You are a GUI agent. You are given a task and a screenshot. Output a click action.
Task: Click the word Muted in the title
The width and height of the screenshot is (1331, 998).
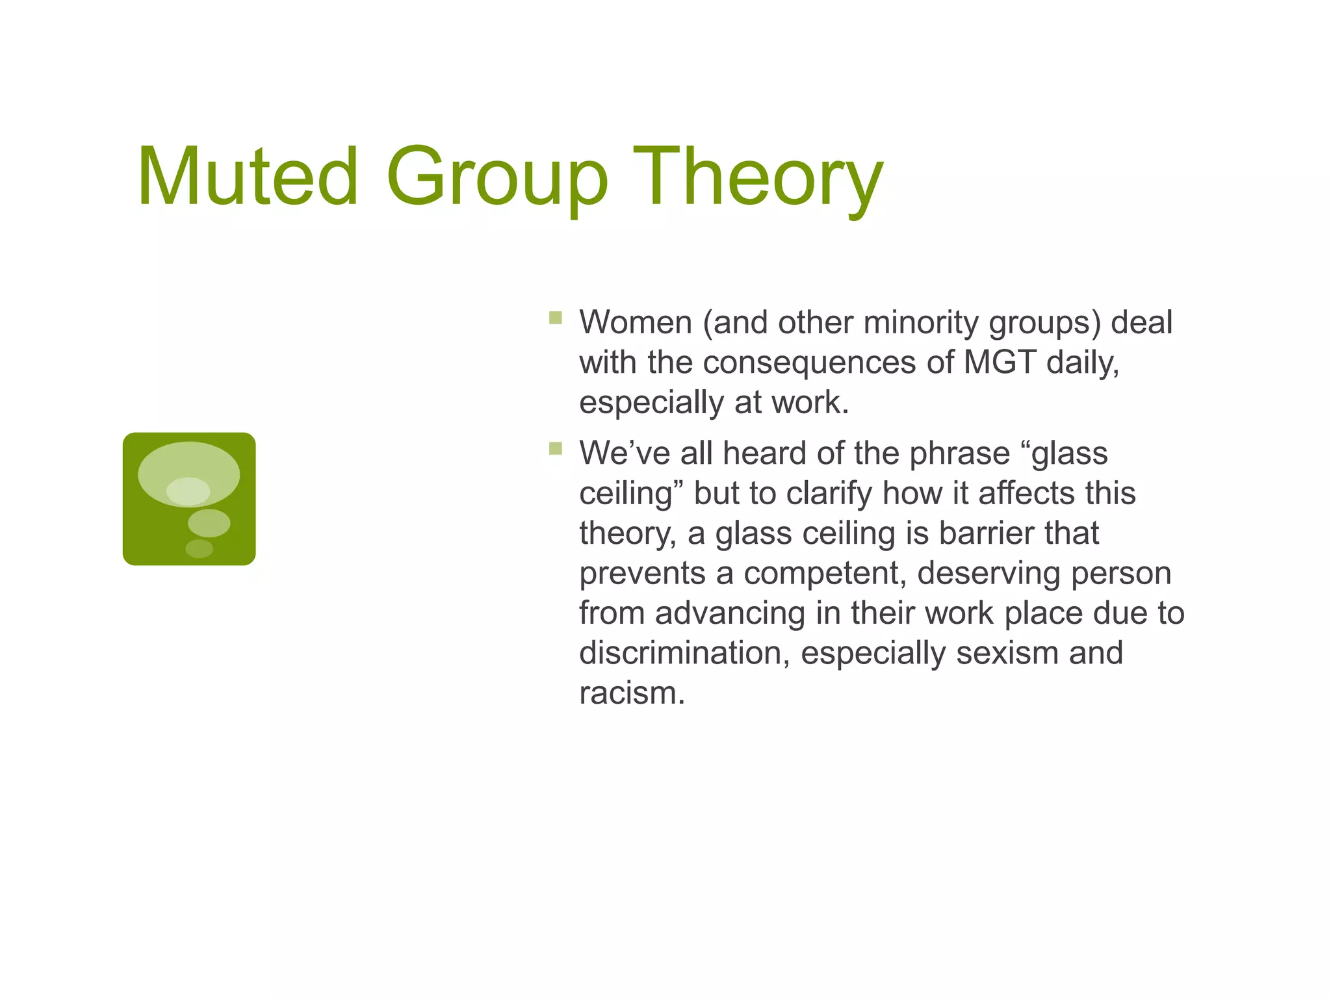pos(248,177)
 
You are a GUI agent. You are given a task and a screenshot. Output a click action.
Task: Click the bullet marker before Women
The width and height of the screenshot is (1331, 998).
pos(555,318)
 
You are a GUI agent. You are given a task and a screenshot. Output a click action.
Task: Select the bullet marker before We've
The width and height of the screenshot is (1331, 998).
pos(555,448)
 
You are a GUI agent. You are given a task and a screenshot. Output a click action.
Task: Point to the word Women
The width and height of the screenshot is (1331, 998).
pos(635,322)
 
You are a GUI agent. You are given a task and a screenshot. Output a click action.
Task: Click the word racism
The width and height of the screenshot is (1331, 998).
pos(632,693)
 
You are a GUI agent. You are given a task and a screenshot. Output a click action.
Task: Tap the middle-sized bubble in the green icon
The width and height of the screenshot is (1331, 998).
pos(209,522)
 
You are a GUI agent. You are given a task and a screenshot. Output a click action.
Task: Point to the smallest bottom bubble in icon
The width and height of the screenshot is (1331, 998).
pos(199,548)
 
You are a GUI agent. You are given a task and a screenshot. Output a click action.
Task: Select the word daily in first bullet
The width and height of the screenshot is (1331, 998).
pos(1082,363)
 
